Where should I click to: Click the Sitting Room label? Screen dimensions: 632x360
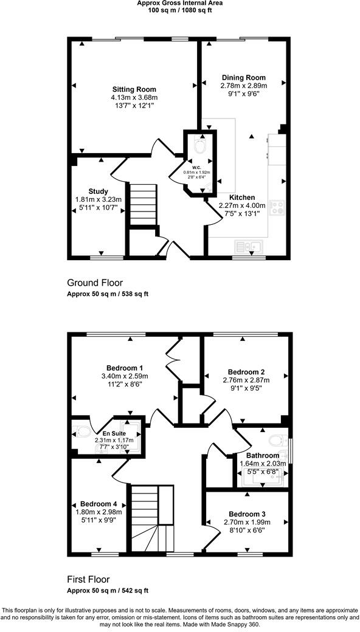[x=134, y=89]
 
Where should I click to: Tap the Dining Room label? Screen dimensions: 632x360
[x=243, y=77]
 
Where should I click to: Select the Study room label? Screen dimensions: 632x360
[x=98, y=191]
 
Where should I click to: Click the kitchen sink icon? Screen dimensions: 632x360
[x=247, y=246]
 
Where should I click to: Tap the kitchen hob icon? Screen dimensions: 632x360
[x=277, y=208]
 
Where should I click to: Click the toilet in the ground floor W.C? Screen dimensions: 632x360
[x=199, y=146]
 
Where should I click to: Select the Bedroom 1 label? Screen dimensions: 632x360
[x=125, y=368]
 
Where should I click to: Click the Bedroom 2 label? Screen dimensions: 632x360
[x=246, y=372]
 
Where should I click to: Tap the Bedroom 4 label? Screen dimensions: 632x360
[x=98, y=504]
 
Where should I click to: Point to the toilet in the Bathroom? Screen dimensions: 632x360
[x=277, y=440]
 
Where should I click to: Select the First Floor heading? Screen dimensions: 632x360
[x=88, y=579]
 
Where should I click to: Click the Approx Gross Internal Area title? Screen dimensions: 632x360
[x=180, y=4]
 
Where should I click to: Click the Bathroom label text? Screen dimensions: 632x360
[x=263, y=455]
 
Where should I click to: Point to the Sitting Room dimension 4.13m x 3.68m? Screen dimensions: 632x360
[x=134, y=97]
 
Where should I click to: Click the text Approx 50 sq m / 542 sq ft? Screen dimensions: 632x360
[x=108, y=590]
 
